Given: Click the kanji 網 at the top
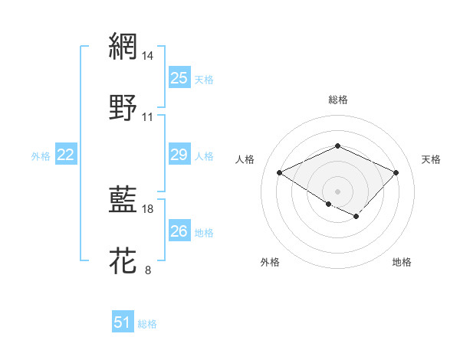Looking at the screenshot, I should (x=123, y=47).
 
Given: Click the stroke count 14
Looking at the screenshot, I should (x=148, y=56).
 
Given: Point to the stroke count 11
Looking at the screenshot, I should (x=148, y=117).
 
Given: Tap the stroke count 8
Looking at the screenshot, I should (x=148, y=270).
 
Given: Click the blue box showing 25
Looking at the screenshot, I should (x=179, y=78).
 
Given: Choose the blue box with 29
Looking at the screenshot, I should (x=179, y=155).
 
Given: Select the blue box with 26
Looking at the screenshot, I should (x=179, y=231).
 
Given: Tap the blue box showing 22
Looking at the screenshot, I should (x=66, y=155).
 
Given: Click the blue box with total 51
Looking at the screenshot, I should (x=123, y=322).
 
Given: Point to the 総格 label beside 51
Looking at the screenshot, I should (x=147, y=324).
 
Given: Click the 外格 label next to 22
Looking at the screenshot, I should (x=41, y=156).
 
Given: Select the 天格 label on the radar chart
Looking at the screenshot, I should (x=431, y=159).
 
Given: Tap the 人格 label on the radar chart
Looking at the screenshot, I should (x=245, y=159).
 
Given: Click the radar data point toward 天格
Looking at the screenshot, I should (x=396, y=172).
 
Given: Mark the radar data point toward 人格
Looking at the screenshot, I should (x=280, y=172).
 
